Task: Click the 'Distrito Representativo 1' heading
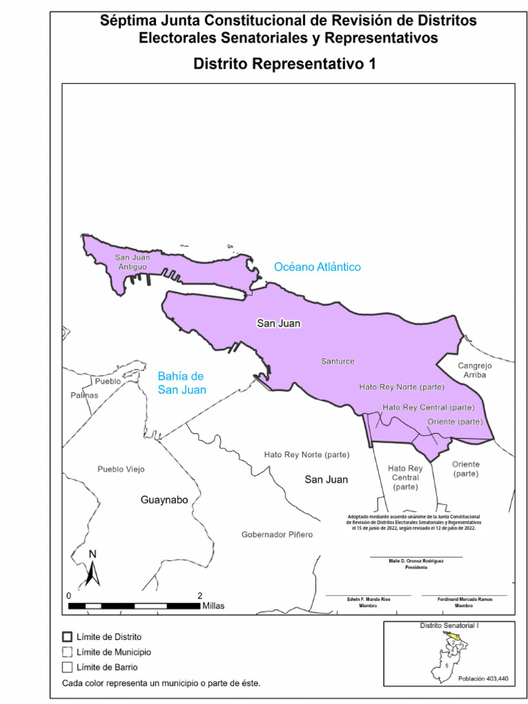coord(285,64)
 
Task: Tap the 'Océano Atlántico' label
coord(317,267)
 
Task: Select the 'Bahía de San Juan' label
coord(181,383)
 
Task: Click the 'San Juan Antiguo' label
coord(132,261)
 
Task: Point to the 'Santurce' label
coord(338,361)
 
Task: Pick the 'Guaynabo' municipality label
coord(164,500)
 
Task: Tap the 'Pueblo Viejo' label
coord(121,469)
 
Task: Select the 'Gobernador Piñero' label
coord(277,534)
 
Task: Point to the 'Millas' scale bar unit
coord(213,606)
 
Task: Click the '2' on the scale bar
coord(200,595)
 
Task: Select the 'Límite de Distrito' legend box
coord(67,637)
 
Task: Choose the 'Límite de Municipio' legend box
coord(67,652)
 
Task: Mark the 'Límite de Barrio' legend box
coord(67,667)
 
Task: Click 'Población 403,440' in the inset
coord(483,679)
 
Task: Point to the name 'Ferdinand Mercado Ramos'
coord(464,599)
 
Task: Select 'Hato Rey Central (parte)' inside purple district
coord(428,407)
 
